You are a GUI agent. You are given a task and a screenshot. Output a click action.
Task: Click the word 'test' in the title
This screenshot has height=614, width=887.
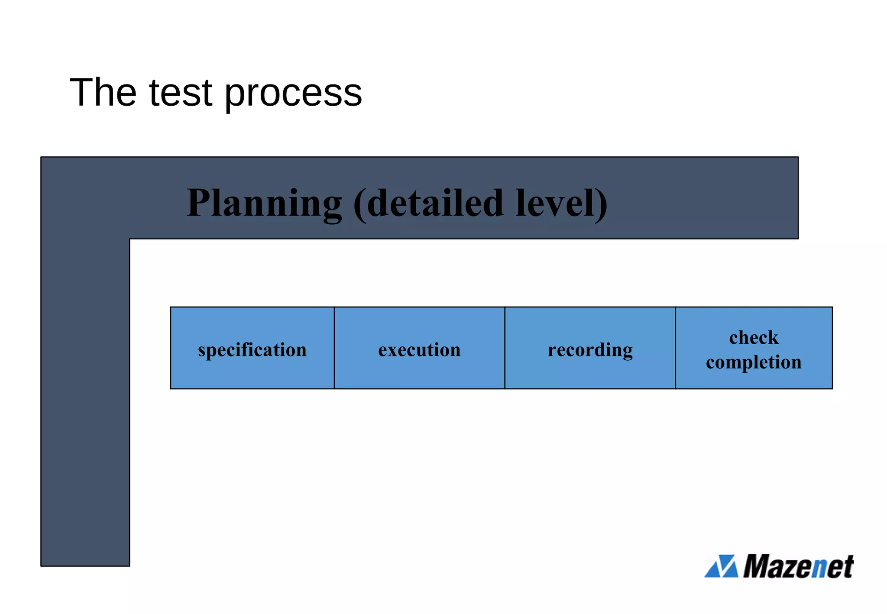[181, 93]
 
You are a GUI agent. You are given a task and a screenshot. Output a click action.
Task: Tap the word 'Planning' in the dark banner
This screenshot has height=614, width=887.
[264, 204]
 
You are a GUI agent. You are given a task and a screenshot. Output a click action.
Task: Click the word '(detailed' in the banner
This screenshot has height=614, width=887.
[429, 204]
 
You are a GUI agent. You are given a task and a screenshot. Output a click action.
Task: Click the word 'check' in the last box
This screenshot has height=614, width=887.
[754, 338]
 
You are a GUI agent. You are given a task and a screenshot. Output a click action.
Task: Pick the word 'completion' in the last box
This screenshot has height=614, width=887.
[754, 362]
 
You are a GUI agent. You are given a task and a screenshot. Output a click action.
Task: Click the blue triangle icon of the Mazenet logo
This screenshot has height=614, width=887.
[721, 566]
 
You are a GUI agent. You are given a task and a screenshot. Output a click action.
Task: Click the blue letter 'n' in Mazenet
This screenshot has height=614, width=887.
[820, 569]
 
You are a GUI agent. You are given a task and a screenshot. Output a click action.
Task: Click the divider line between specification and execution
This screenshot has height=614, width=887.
[334, 348]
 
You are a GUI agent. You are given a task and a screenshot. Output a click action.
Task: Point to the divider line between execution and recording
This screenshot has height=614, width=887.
[505, 348]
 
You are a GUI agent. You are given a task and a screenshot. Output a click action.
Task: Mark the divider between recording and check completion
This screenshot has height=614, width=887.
[676, 348]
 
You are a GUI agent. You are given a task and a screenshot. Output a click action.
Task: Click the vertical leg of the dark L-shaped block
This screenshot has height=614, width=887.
[85, 403]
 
